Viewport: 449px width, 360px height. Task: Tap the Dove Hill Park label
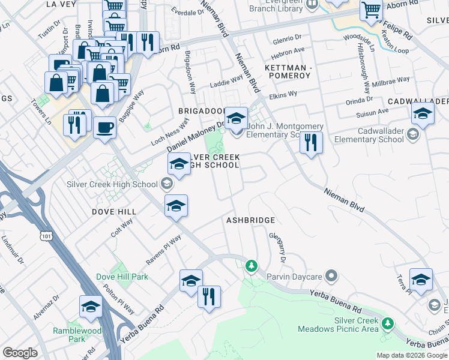pos(122,277)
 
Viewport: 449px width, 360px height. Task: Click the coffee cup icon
pos(105,128)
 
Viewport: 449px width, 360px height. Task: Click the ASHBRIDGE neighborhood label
pos(250,221)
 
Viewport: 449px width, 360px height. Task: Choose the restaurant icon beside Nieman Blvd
pos(310,143)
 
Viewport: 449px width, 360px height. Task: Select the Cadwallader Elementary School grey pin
pos(413,134)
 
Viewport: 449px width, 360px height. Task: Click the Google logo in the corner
pos(20,353)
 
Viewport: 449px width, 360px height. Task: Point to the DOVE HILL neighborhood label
pos(114,212)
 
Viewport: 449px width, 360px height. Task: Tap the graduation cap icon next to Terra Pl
pos(421,280)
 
